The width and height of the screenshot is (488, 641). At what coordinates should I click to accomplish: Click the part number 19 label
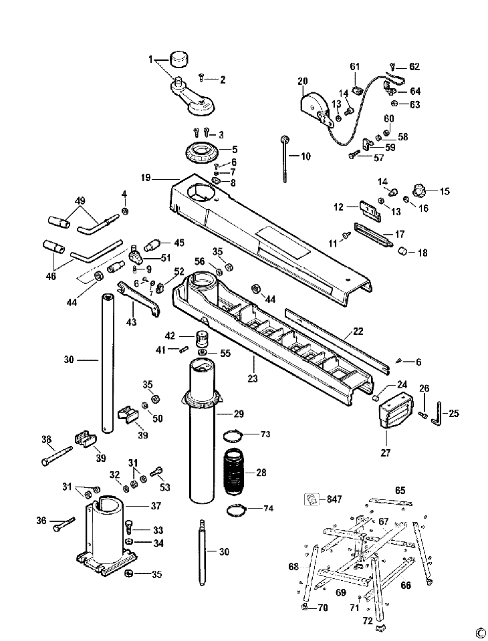point(146,178)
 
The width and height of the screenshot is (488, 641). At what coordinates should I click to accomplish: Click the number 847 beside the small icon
point(334,499)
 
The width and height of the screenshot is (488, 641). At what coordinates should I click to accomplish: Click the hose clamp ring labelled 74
point(236,511)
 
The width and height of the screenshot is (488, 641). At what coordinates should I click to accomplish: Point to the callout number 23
point(253,378)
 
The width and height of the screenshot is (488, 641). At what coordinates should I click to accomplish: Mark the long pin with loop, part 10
point(283,160)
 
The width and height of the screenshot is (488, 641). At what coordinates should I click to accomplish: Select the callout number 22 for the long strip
point(358,331)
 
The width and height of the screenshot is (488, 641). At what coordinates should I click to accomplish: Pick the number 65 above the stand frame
point(400,490)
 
